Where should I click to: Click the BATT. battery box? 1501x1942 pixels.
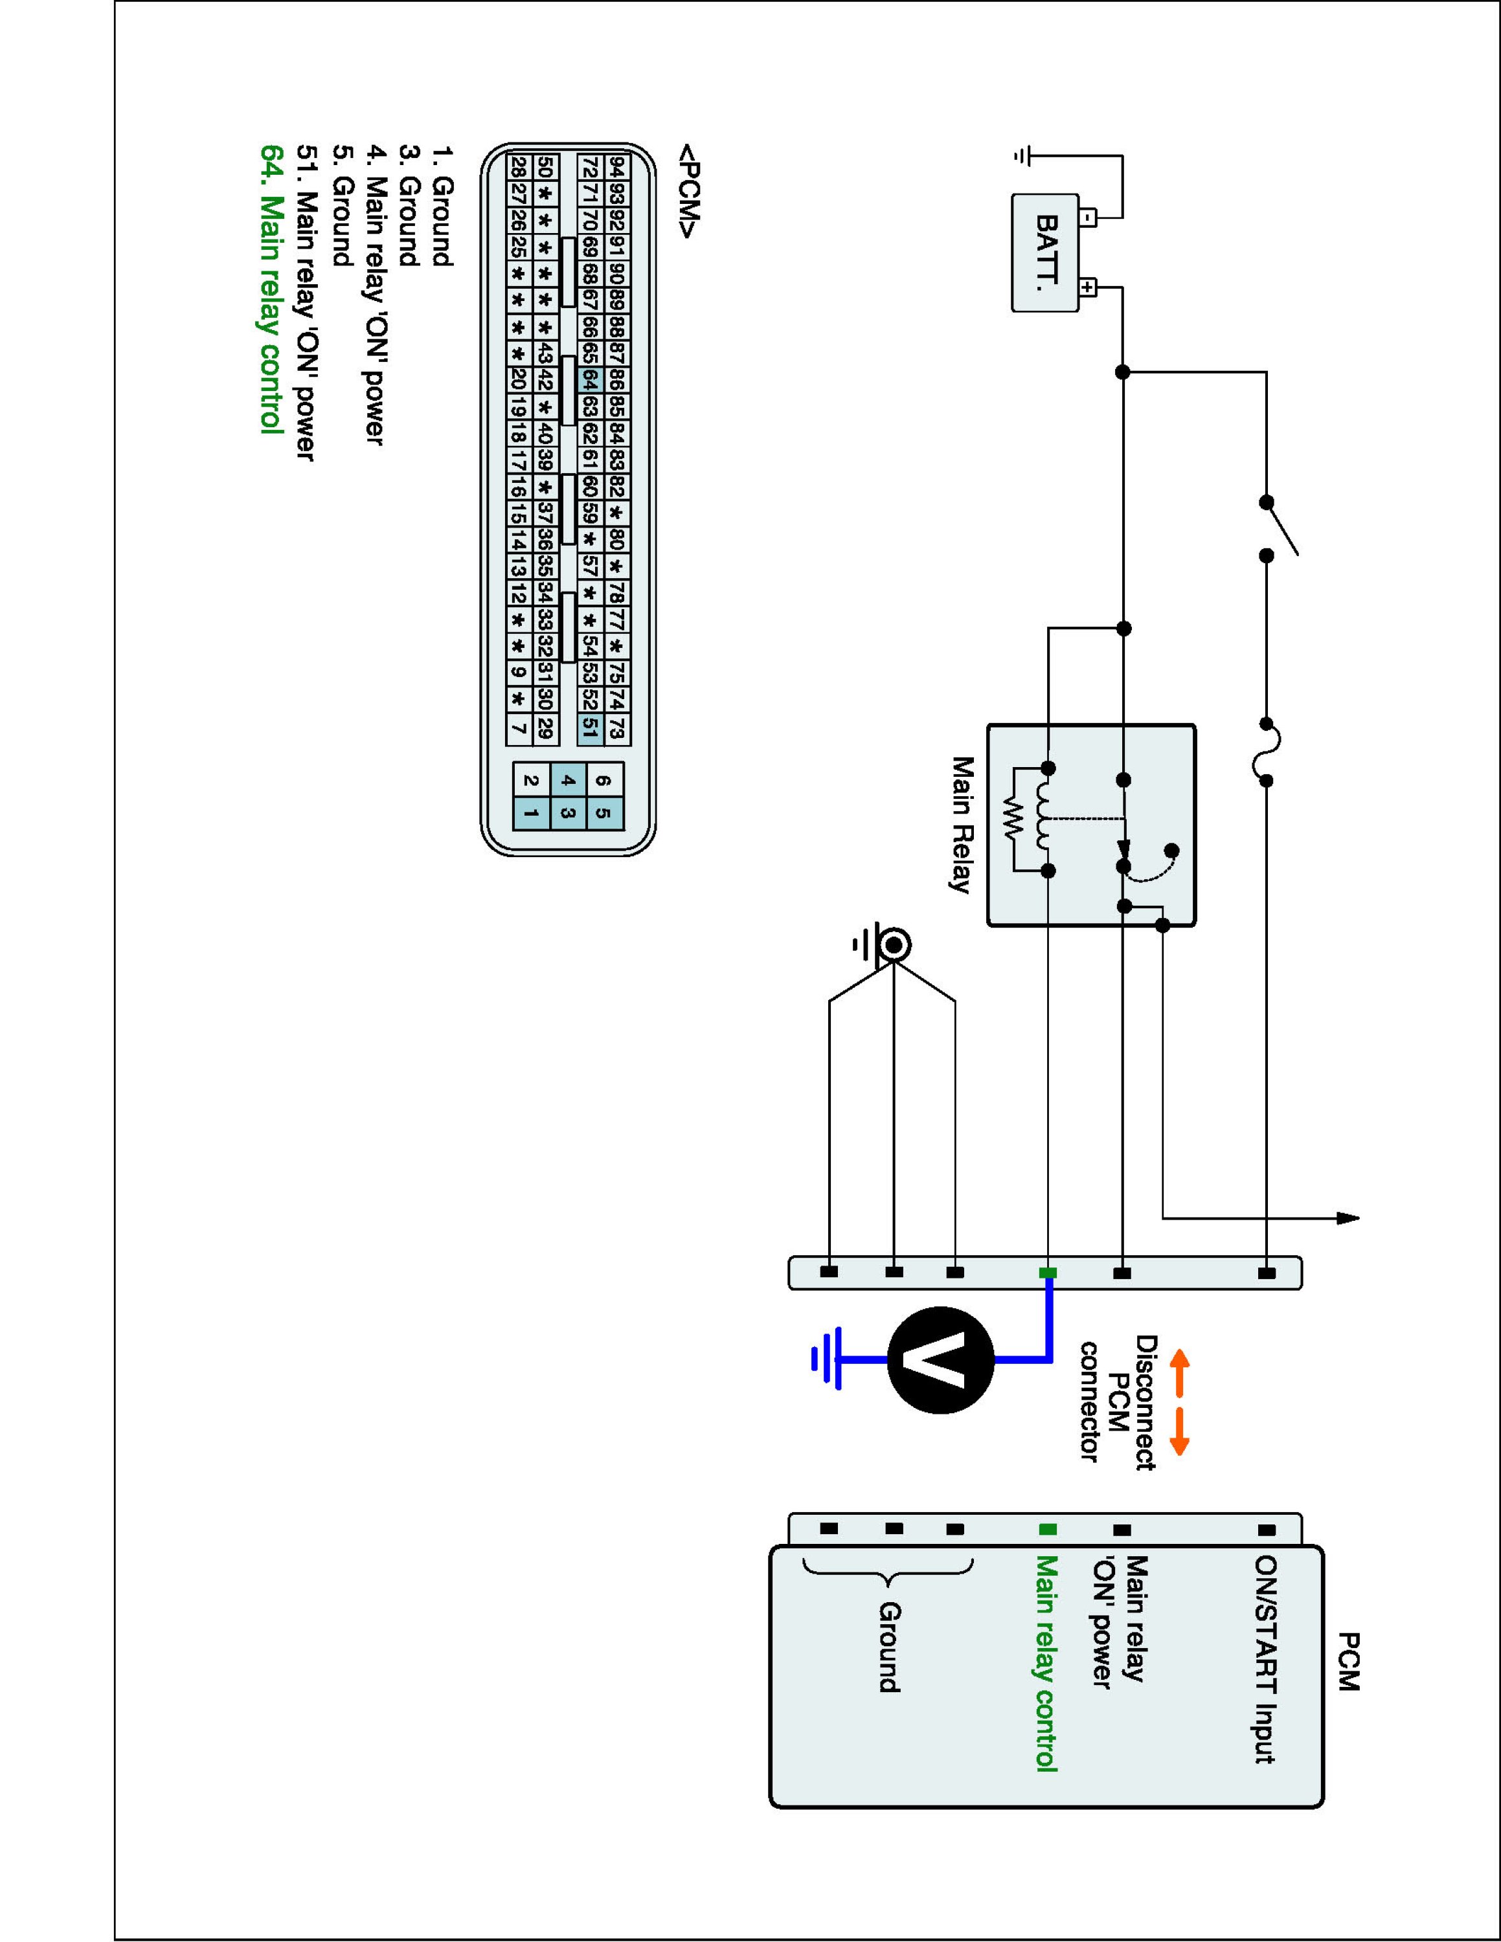(1046, 252)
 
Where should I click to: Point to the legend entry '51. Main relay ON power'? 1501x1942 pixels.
(305, 303)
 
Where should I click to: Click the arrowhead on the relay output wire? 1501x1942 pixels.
(1349, 1218)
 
